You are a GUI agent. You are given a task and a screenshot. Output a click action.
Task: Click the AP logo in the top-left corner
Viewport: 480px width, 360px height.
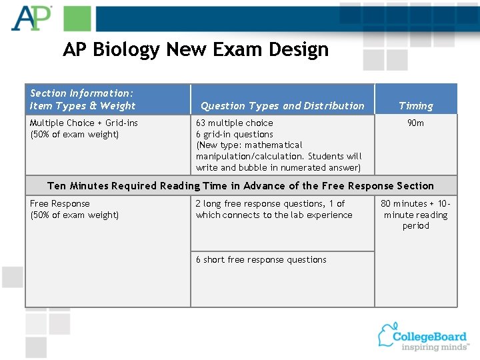(x=31, y=18)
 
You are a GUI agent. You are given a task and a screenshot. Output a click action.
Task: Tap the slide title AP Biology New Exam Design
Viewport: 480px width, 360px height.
(x=195, y=49)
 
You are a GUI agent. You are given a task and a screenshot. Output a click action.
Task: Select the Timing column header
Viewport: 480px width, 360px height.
(x=415, y=105)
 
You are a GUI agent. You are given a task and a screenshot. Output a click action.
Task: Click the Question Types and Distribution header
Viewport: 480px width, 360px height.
(x=282, y=105)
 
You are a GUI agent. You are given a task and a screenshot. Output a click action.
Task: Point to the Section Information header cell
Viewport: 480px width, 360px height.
(x=83, y=99)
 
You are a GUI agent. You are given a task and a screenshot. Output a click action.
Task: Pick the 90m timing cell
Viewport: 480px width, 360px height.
(x=415, y=123)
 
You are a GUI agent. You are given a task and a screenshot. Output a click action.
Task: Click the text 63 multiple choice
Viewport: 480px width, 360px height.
(x=234, y=123)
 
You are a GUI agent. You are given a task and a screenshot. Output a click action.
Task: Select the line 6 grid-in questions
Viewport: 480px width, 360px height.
(x=234, y=134)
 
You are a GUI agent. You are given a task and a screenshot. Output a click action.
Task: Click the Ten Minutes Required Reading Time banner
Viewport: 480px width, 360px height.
(x=241, y=186)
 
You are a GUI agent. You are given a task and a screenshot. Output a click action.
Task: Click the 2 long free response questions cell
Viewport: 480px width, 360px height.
(x=273, y=209)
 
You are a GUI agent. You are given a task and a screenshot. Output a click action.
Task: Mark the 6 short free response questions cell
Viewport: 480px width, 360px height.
(x=261, y=260)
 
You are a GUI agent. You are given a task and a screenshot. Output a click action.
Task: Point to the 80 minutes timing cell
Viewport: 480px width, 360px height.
(x=415, y=215)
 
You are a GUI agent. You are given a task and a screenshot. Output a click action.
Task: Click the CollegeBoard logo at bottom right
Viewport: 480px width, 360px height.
(x=423, y=335)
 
